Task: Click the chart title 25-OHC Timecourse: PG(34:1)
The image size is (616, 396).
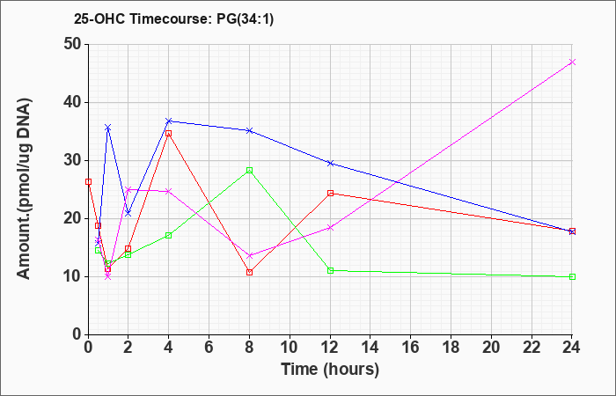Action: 173,19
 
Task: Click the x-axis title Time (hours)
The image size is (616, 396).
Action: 330,370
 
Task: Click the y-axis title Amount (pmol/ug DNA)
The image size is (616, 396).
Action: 25,189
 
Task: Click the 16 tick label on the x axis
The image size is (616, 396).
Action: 411,348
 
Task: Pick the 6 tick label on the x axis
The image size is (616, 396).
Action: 209,348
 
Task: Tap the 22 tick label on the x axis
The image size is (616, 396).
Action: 532,348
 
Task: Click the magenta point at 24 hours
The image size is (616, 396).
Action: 572,62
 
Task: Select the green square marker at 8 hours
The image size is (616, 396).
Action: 249,170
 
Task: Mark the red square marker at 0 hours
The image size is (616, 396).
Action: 88,181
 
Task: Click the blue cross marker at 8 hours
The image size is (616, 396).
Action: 249,130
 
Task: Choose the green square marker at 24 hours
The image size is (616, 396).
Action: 572,276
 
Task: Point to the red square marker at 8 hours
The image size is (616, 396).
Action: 249,272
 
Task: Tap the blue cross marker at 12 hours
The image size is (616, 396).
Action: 330,163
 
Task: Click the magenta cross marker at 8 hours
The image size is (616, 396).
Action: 249,256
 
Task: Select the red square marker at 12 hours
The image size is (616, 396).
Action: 330,193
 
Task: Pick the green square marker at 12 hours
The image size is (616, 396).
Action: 330,270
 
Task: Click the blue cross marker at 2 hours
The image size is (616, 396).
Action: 128,213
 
